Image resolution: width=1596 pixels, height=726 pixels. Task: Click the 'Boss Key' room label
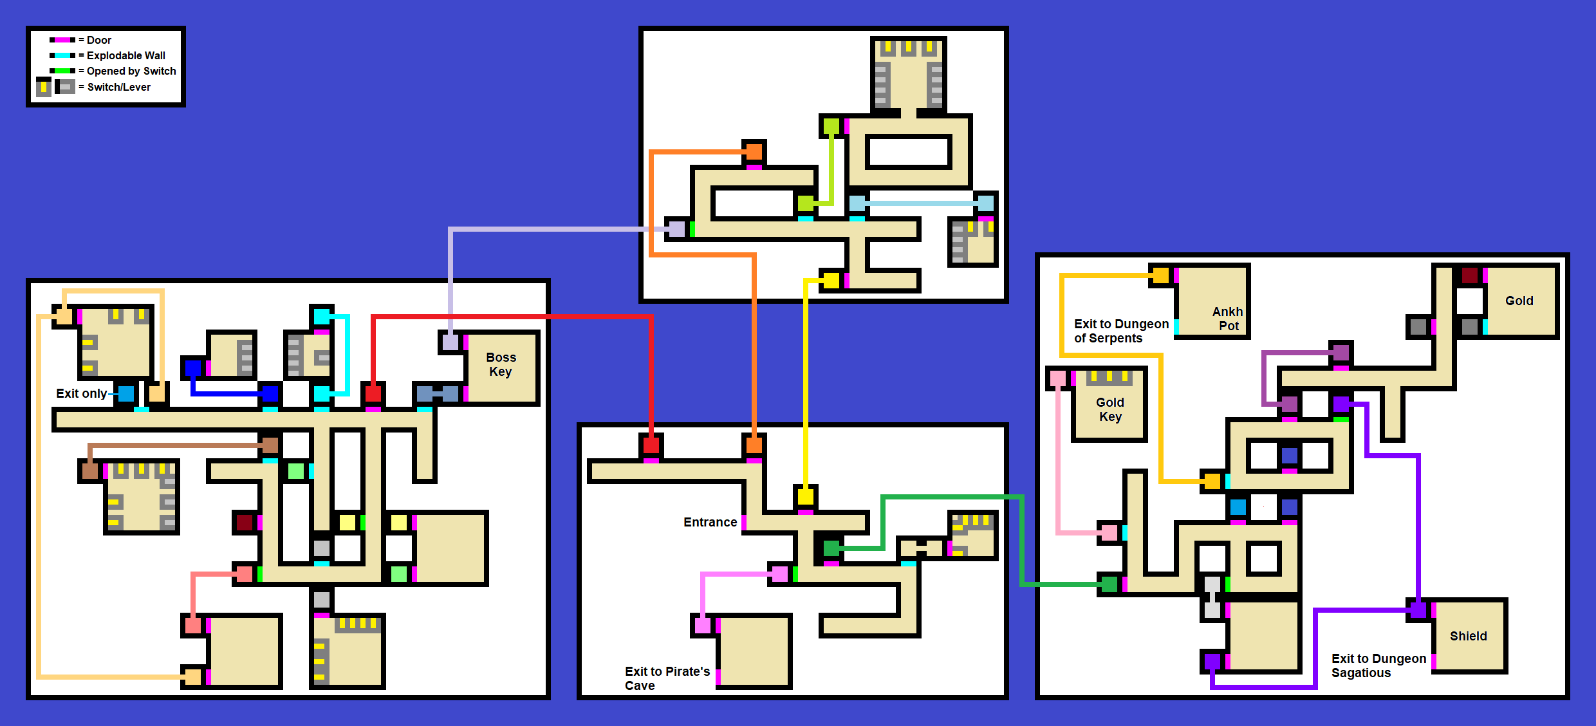501,364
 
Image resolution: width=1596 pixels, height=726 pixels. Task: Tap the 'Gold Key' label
1110,409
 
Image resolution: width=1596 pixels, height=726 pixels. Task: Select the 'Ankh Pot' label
1228,319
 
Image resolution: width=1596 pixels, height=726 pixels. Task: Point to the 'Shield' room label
1469,636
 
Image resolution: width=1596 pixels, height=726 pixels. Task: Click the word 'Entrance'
710,522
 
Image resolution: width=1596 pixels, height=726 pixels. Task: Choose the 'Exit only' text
81,393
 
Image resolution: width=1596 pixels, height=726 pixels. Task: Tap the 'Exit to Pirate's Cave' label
667,678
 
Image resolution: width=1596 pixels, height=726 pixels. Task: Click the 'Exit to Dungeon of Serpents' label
1121,331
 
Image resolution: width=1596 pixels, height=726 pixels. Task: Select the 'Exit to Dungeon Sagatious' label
1378,665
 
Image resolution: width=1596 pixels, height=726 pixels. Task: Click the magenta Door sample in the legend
62,40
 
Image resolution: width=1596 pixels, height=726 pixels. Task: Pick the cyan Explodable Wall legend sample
62,55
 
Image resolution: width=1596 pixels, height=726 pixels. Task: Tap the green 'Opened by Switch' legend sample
62,71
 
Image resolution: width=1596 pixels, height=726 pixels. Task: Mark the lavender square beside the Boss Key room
450,342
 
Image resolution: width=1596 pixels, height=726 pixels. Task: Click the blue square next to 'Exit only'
126,393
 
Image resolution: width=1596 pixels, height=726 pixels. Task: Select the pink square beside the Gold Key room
1057,378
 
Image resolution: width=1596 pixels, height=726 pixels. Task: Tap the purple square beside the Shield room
1418,610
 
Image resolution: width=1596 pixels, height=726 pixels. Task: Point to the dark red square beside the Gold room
1470,275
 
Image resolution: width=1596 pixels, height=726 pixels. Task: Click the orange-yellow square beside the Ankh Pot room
1160,275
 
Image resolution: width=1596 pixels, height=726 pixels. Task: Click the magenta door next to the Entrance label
744,522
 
